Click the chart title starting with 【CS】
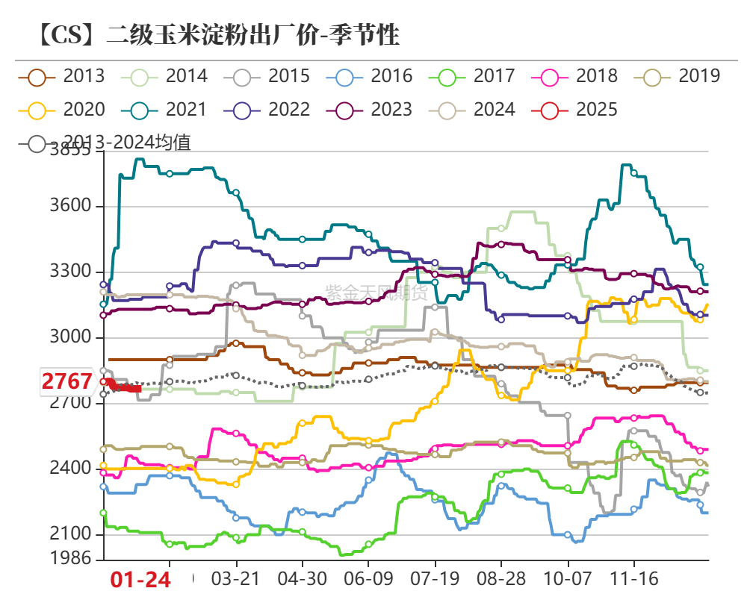click(x=217, y=34)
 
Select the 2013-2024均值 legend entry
click(x=108, y=143)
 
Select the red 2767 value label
click(x=67, y=382)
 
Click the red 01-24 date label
click(x=141, y=580)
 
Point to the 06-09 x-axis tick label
click(x=368, y=579)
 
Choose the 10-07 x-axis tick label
click(x=568, y=579)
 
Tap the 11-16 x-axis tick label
click(x=633, y=579)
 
